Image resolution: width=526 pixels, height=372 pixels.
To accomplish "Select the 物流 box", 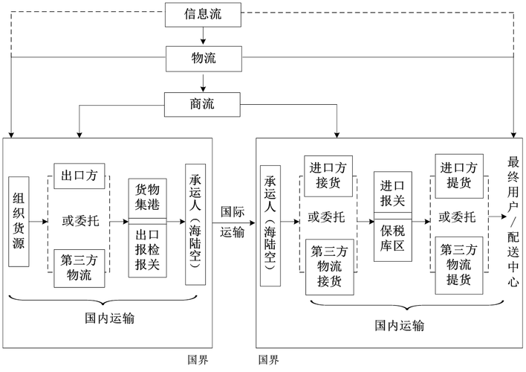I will tap(204, 58).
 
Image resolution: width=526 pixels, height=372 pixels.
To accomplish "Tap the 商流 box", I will tap(204, 103).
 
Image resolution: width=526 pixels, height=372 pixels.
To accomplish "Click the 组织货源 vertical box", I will tap(20, 221).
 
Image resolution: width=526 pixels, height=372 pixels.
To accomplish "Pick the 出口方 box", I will tap(80, 177).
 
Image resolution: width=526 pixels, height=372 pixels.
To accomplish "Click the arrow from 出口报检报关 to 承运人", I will tap(175, 221).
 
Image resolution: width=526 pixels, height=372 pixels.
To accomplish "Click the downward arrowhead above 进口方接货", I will tap(339, 132).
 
